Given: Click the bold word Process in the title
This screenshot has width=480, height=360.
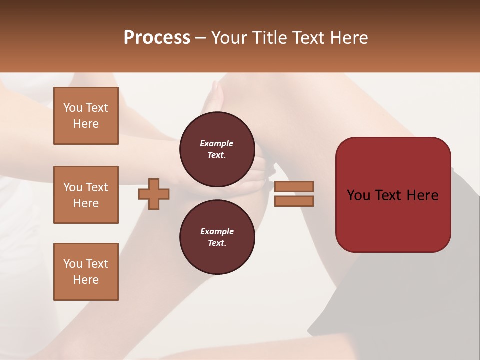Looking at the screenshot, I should pyautogui.click(x=157, y=37).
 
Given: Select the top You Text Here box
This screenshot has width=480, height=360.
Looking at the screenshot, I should pyautogui.click(x=86, y=116).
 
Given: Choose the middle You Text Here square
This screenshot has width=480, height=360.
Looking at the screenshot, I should pyautogui.click(x=86, y=195).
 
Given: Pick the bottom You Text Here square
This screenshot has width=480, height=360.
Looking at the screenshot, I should pyautogui.click(x=86, y=272).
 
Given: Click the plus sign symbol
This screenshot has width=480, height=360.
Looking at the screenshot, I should pyautogui.click(x=154, y=194).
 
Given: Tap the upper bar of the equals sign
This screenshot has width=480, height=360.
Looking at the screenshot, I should pyautogui.click(x=294, y=186).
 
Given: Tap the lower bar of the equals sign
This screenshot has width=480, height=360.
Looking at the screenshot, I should pyautogui.click(x=294, y=201).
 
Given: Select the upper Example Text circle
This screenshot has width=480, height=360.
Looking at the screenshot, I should pyautogui.click(x=217, y=149).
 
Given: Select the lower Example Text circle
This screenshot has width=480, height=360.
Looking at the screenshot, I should pyautogui.click(x=217, y=237).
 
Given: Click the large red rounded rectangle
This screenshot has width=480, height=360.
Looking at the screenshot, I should pyautogui.click(x=393, y=220).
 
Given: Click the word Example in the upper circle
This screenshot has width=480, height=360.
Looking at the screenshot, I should pyautogui.click(x=217, y=143).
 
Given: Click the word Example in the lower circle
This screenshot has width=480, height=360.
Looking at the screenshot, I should pyautogui.click(x=217, y=231).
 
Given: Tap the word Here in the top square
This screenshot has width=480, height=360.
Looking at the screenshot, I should pyautogui.click(x=86, y=124).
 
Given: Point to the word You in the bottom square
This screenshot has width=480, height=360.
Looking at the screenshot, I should pyautogui.click(x=72, y=264).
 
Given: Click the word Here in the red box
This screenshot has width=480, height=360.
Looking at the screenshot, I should pyautogui.click(x=422, y=195).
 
